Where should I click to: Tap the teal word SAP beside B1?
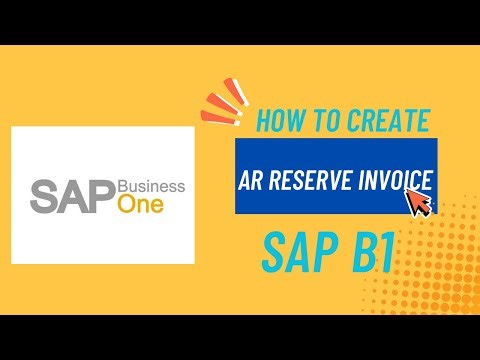coord(297,255)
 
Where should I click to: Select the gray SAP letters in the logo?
coord(74,195)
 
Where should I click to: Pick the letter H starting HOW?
coord(264,121)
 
